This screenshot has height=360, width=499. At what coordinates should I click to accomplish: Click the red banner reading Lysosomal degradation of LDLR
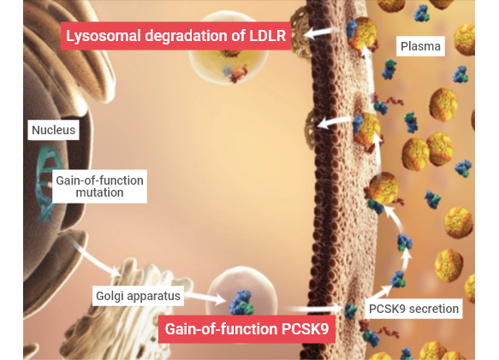pyautogui.click(x=175, y=36)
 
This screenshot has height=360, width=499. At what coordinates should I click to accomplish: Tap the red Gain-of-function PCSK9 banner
pyautogui.click(x=247, y=329)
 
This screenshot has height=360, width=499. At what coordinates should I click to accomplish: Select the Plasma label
pyautogui.click(x=420, y=46)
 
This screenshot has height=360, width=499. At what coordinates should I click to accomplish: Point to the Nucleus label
pyautogui.click(x=53, y=130)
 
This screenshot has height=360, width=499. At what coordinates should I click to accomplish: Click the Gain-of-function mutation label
pyautogui.click(x=99, y=186)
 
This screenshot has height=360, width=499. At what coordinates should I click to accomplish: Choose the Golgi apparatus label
pyautogui.click(x=138, y=296)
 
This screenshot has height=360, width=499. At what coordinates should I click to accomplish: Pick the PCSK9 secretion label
pyautogui.click(x=413, y=309)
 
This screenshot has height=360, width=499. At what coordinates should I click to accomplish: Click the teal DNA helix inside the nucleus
pyautogui.click(x=45, y=182)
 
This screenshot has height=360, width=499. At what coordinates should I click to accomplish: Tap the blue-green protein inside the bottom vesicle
pyautogui.click(x=241, y=303)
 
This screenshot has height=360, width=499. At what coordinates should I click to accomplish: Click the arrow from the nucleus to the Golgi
pyautogui.click(x=92, y=255)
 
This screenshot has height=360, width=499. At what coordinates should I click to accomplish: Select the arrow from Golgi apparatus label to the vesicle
pyautogui.click(x=205, y=298)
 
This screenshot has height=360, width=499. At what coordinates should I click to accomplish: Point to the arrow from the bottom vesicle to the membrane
pyautogui.click(x=315, y=308)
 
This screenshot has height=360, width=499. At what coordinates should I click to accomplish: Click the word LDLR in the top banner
pyautogui.click(x=267, y=36)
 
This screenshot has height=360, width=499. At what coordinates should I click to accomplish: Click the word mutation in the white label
pyautogui.click(x=99, y=192)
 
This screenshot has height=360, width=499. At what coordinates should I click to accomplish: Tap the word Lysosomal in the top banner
pyautogui.click(x=104, y=36)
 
